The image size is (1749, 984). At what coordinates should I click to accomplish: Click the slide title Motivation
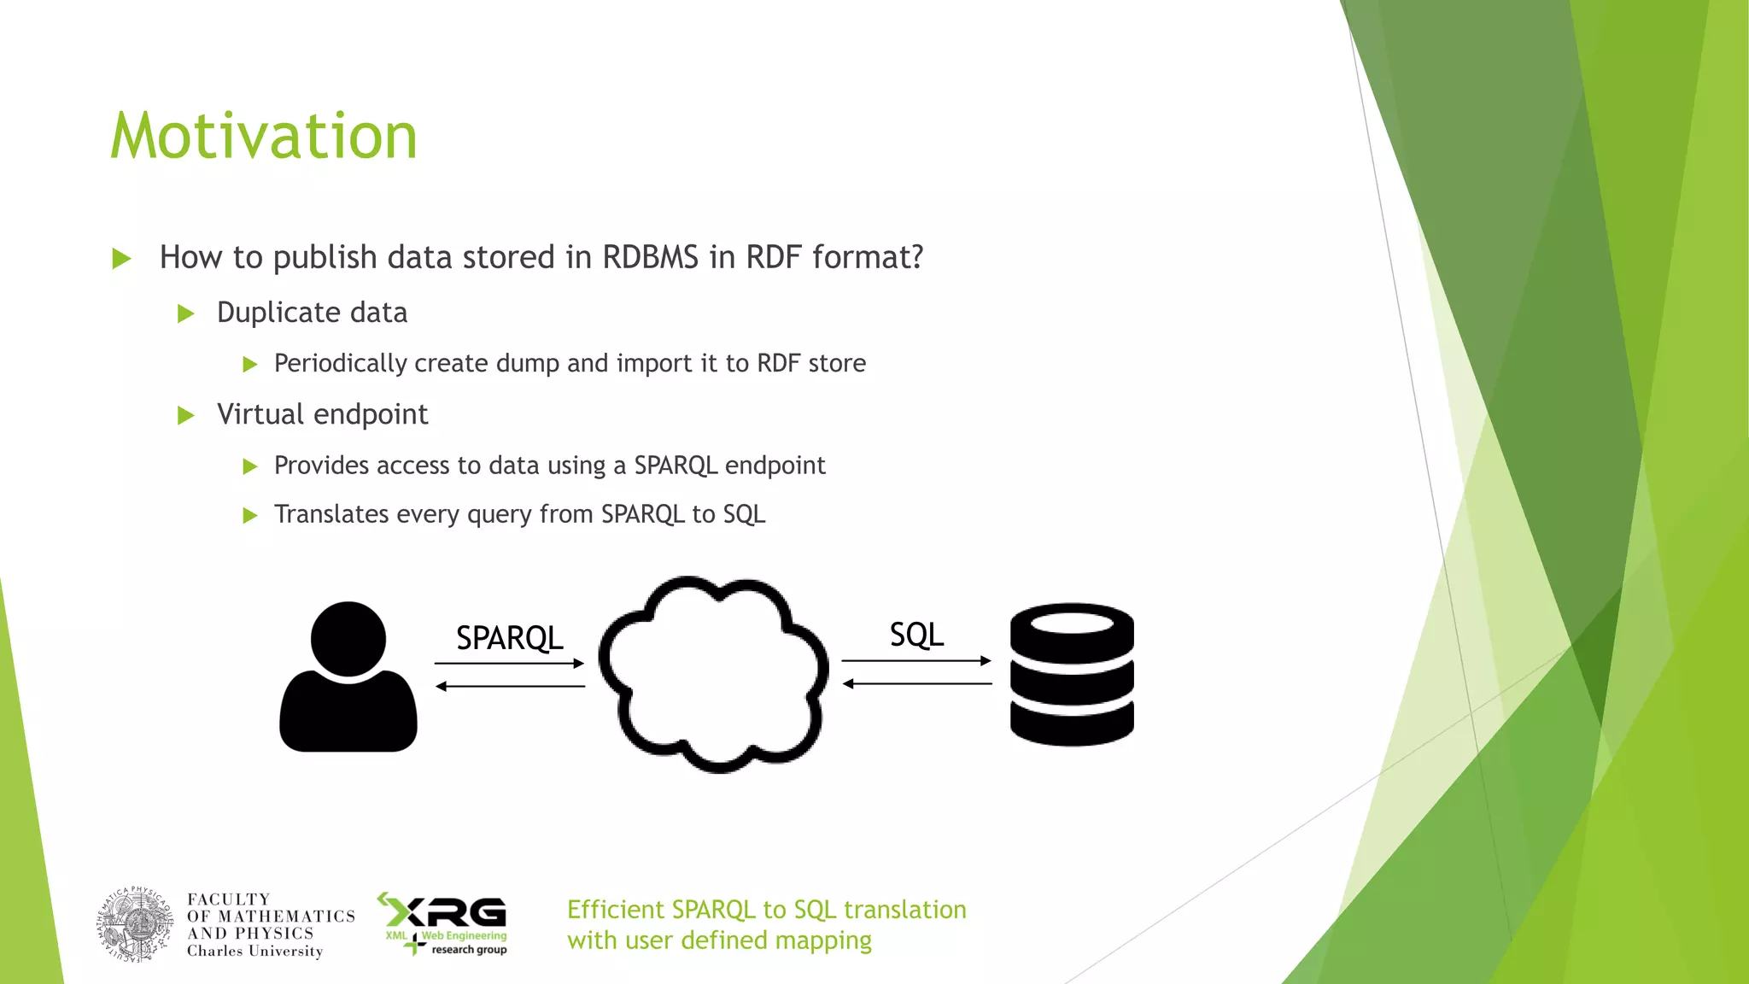(264, 137)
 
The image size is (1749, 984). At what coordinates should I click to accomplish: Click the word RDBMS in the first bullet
(650, 257)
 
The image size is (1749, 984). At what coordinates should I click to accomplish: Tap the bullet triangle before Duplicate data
(186, 313)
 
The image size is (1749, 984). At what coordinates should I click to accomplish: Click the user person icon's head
(348, 638)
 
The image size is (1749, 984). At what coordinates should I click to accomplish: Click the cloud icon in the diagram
(714, 675)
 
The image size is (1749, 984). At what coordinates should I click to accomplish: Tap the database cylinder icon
(1072, 675)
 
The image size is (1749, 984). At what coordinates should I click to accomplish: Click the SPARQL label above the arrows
(509, 638)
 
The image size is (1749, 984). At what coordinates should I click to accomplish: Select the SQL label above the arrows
(916, 635)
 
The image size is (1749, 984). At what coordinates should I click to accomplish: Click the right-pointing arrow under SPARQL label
(509, 663)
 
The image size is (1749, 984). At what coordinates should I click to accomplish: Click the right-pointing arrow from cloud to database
(916, 660)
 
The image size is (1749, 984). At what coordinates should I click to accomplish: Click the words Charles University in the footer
(254, 952)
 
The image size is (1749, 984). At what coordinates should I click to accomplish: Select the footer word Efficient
(615, 910)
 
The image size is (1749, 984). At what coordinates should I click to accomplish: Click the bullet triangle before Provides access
(250, 466)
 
